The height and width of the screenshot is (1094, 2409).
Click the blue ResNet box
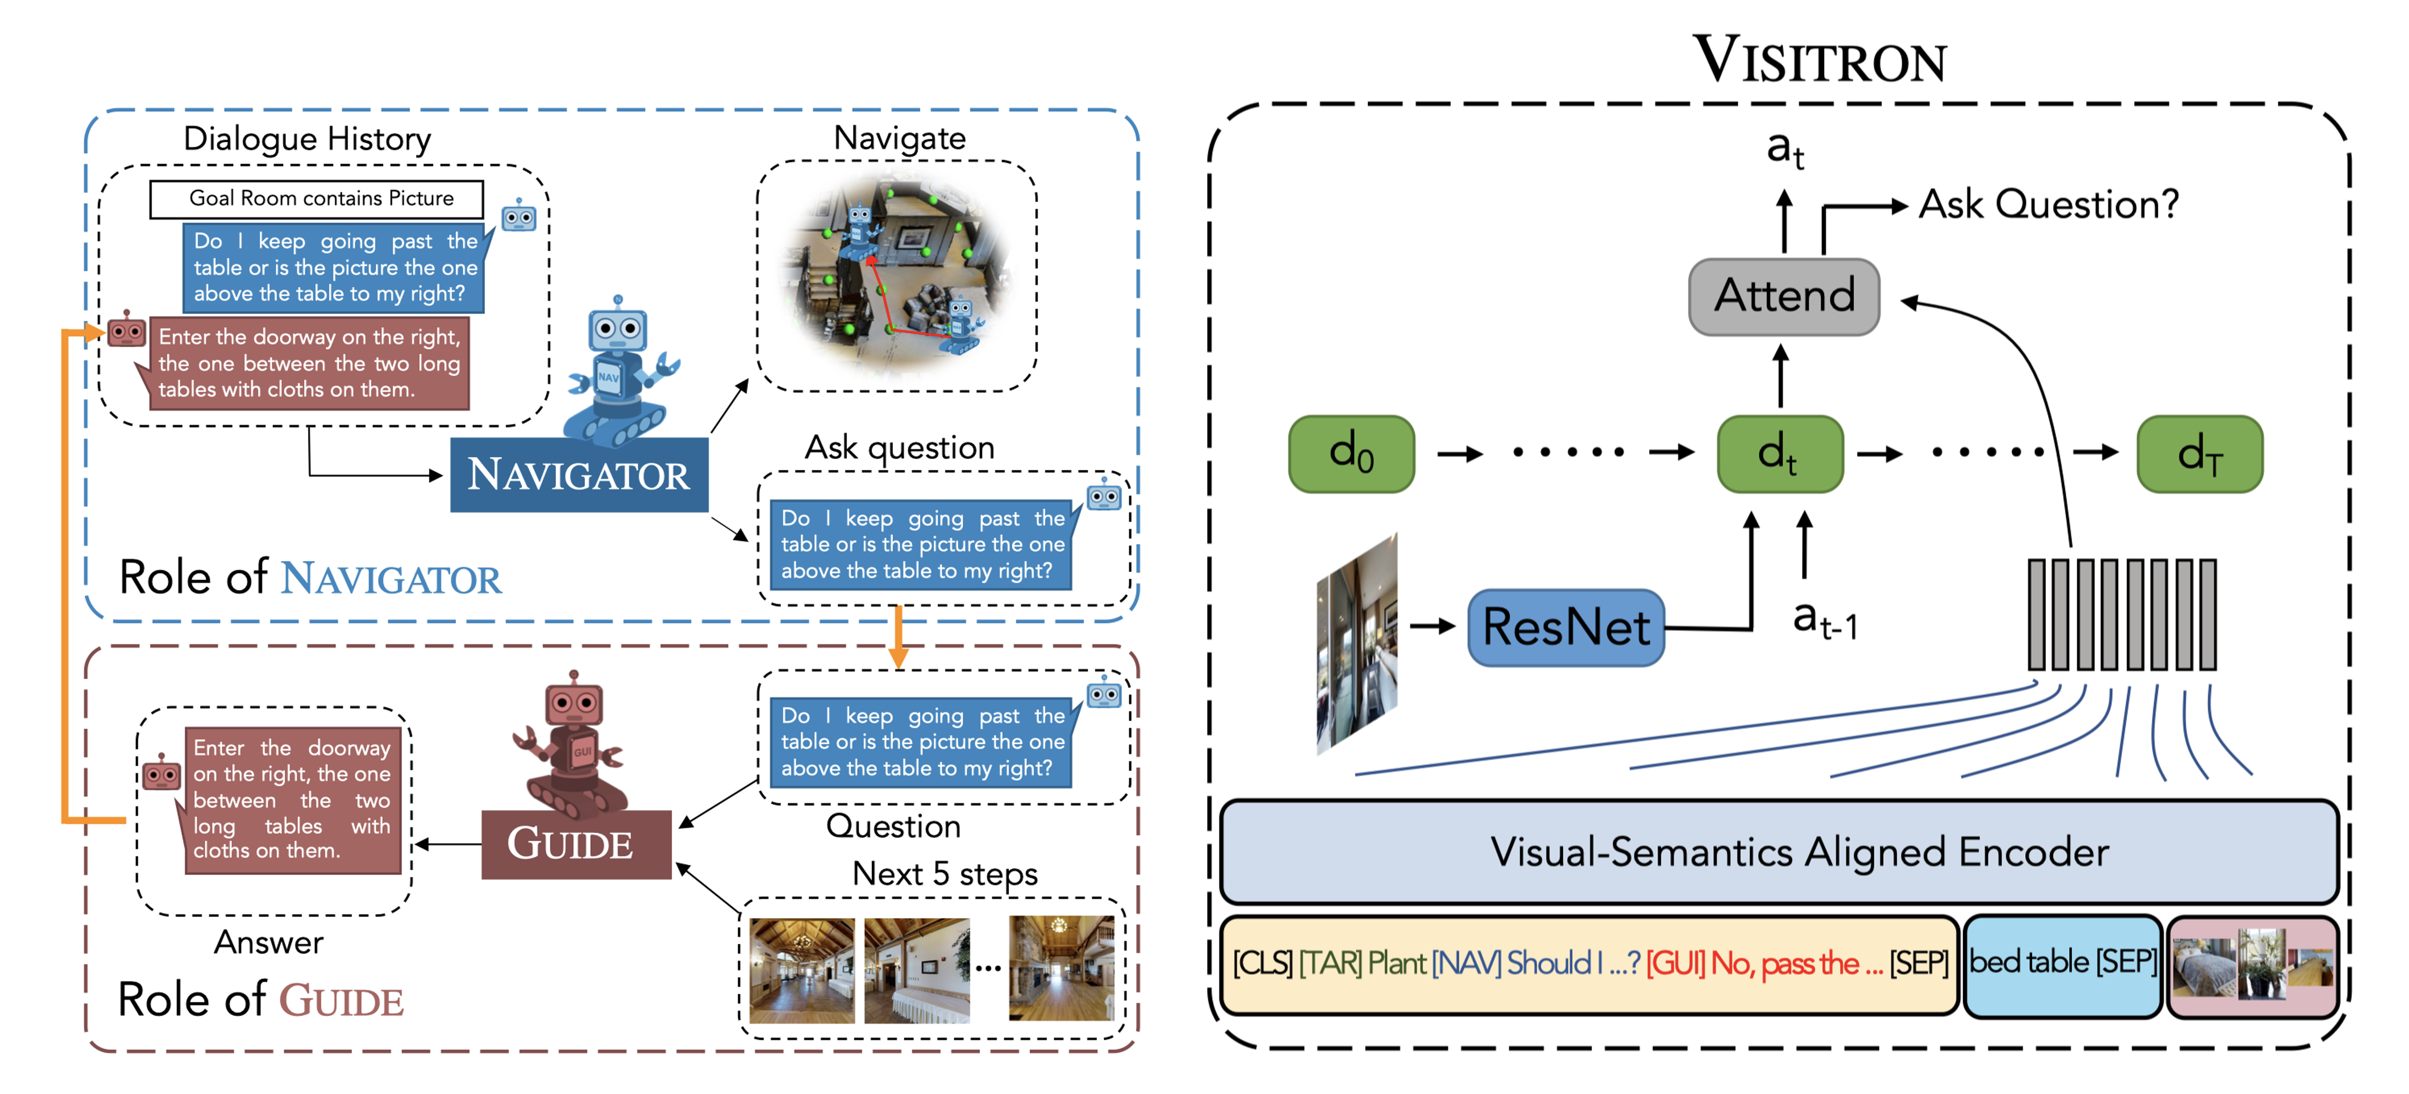[x=1566, y=627]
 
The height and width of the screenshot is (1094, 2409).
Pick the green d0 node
[x=1351, y=454]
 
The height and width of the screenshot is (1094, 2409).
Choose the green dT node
[x=2199, y=454]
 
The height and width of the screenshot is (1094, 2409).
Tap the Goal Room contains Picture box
[x=317, y=198]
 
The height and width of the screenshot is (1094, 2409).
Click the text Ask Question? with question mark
[x=2048, y=204]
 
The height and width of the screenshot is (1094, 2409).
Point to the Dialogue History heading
[x=307, y=139]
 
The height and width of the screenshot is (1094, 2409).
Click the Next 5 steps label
[x=944, y=873]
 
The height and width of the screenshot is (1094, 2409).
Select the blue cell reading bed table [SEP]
[x=2062, y=962]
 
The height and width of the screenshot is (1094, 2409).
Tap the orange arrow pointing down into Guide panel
[x=898, y=640]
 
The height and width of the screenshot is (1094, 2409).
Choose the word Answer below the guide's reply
[x=268, y=941]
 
